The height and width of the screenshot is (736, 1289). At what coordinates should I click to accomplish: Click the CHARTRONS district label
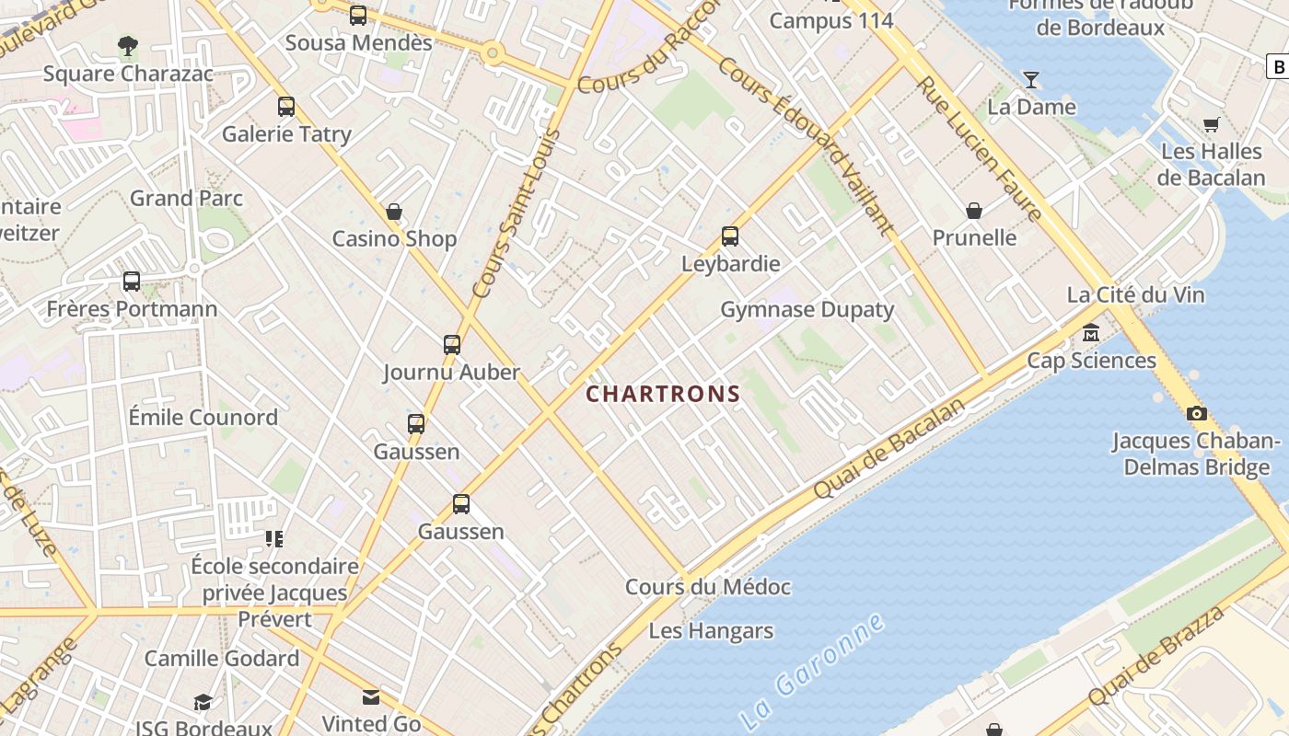(663, 395)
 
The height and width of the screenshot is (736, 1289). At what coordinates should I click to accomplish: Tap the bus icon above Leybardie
(730, 236)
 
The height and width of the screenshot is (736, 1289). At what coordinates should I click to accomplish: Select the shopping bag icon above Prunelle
(974, 212)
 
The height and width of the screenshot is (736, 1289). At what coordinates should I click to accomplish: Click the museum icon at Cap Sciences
(1091, 332)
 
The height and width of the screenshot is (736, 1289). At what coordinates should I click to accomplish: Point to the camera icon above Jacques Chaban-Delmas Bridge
(1196, 414)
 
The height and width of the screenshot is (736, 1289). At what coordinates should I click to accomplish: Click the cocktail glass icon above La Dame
(1031, 80)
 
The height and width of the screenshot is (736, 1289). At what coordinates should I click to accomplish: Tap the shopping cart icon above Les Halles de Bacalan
(1211, 124)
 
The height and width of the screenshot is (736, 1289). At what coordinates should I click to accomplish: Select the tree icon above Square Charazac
(128, 45)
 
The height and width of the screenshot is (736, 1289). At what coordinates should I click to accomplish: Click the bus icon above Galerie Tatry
(286, 107)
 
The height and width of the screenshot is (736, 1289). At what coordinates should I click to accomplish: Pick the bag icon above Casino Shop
(394, 213)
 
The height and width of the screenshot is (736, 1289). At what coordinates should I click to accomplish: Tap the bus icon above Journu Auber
(452, 345)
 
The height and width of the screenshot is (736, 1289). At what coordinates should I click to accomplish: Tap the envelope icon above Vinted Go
(371, 697)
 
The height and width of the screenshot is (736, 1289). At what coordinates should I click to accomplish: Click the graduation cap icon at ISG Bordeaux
(203, 703)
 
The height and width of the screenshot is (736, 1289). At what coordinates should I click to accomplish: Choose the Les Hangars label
(711, 631)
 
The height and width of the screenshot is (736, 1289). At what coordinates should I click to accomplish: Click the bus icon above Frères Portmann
(132, 282)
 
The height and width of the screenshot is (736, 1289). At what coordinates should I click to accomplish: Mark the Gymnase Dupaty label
(807, 310)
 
